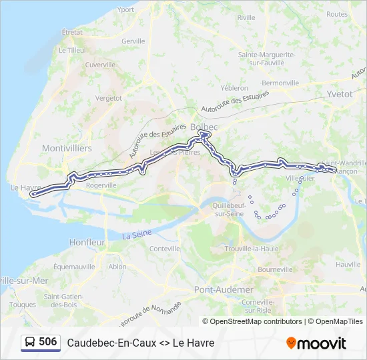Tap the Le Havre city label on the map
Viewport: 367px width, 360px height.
[26, 188]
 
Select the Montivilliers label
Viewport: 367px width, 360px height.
[67, 148]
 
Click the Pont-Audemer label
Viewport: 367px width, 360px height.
[224, 289]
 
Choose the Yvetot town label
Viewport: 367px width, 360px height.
[340, 94]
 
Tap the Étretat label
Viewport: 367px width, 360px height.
[71, 32]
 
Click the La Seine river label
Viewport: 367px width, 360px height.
[137, 234]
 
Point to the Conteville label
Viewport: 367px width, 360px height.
[165, 249]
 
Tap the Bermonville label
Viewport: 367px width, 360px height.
[280, 83]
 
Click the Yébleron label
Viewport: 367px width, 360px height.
[234, 87]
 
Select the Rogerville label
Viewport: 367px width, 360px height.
[101, 185]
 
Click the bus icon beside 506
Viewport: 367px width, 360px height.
[31, 343]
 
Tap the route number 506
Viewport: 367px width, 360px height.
[48, 342]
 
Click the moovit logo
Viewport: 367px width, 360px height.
[316, 343]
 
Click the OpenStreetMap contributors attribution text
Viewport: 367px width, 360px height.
[256, 321]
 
